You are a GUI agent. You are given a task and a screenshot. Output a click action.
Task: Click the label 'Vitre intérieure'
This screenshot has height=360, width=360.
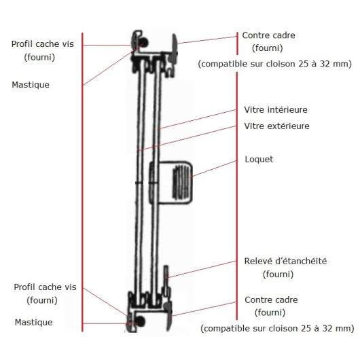[276, 110]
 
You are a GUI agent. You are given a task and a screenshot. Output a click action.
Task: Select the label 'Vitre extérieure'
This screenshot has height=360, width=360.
[276, 126]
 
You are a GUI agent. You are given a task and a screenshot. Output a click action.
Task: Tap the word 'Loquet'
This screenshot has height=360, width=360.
[259, 160]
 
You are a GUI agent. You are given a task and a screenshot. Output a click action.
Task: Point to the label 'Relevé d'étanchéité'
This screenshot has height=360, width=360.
[285, 261]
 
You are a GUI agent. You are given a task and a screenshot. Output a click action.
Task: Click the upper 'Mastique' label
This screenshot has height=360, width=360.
[31, 85]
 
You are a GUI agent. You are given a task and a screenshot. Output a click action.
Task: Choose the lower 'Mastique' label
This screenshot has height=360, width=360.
[33, 323]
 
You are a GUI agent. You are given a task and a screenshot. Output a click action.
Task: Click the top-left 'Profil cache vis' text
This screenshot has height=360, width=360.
[43, 44]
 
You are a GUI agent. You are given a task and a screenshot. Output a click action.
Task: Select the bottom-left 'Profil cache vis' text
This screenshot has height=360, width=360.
[45, 287]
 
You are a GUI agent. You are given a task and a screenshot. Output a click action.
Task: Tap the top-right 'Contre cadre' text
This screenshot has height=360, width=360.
[268, 35]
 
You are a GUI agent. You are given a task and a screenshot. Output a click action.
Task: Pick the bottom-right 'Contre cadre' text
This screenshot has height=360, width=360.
[271, 300]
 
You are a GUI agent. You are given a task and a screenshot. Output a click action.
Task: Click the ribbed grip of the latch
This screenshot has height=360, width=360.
[181, 182]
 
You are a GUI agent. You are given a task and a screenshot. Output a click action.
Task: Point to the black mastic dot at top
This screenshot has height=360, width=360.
[144, 43]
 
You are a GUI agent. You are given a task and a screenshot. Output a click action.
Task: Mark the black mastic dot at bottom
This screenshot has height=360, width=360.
[140, 321]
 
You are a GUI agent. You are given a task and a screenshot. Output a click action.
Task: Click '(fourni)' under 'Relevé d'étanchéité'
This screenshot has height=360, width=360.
[278, 274]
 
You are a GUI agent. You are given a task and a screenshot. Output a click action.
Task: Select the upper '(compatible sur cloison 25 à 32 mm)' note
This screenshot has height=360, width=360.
[275, 64]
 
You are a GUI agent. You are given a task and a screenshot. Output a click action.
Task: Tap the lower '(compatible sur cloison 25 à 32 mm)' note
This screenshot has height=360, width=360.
[277, 328]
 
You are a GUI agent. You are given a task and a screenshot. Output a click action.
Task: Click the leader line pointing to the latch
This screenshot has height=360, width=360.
[213, 169]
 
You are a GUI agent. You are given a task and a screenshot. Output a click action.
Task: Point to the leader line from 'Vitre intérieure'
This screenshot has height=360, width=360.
[197, 120]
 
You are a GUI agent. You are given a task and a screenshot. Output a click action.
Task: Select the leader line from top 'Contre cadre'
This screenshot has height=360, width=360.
[207, 40]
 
